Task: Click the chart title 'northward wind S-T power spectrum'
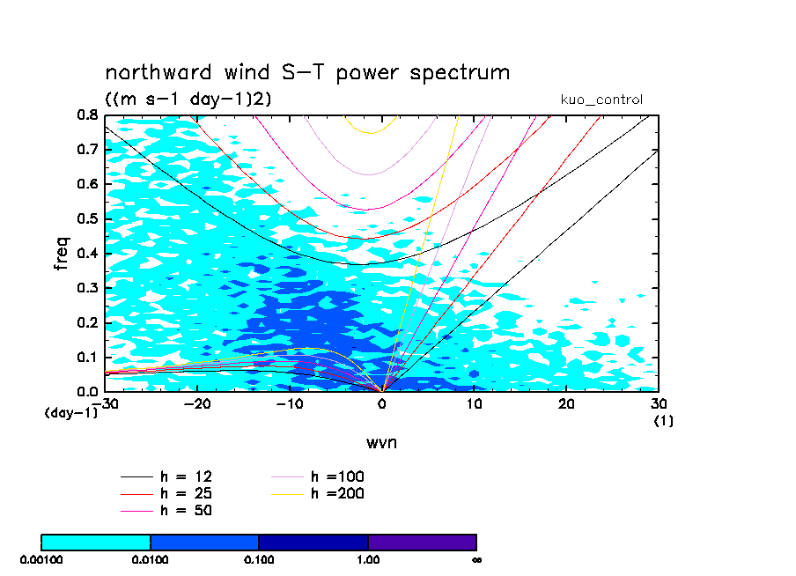tap(307, 72)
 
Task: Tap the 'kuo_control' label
tap(601, 100)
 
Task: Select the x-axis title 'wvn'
tap(381, 442)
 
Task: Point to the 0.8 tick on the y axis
tap(86, 115)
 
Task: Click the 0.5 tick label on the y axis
tap(86, 219)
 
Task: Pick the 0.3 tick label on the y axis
tap(86, 288)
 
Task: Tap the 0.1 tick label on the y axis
tap(86, 358)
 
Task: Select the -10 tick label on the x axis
tap(289, 403)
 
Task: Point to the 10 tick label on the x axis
tap(475, 403)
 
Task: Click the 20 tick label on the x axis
tap(566, 403)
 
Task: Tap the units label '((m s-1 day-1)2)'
tap(188, 100)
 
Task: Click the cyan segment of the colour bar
tap(96, 542)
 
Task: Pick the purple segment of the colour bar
tap(422, 542)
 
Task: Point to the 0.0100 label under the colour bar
tap(151, 559)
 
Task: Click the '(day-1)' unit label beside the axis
tap(71, 412)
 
